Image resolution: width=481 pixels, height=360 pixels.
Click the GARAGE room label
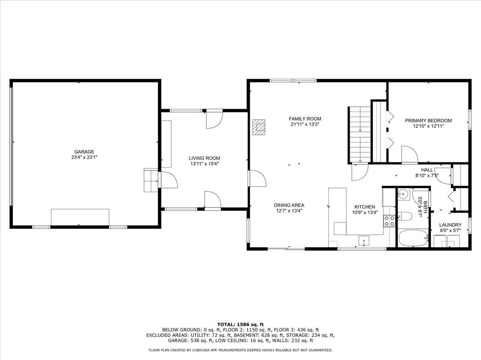tap(84, 152)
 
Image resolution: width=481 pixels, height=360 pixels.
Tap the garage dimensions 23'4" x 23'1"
tap(84, 157)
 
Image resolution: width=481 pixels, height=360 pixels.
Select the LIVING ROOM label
tap(205, 158)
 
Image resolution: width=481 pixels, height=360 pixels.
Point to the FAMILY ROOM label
tap(305, 119)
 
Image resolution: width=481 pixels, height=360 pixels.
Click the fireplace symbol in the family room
tap(259, 127)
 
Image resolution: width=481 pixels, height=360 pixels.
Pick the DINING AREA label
tap(289, 205)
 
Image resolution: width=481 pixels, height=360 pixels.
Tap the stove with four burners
tap(389, 221)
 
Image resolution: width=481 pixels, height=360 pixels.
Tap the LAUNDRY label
tap(450, 225)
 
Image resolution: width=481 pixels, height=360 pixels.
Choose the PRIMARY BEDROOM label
tap(428, 120)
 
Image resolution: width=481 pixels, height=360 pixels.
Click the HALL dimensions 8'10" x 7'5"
tap(427, 175)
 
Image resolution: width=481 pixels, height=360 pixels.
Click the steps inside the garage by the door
tap(151, 180)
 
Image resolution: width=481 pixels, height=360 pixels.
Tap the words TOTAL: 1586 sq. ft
tap(240, 324)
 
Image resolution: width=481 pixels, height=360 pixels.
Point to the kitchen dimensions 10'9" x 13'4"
tap(364, 212)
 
